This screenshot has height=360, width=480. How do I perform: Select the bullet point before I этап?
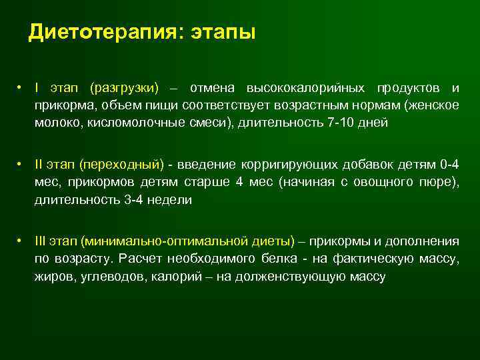coord(21,88)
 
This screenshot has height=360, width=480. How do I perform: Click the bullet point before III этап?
coord(21,241)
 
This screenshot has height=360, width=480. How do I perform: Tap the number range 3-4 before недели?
coord(136,199)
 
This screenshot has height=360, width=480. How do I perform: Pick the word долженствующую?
coord(301,275)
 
